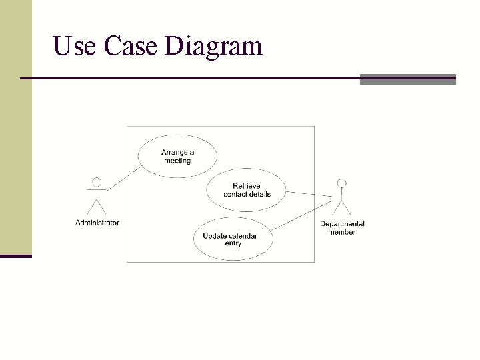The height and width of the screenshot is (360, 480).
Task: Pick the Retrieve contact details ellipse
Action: [x=246, y=190]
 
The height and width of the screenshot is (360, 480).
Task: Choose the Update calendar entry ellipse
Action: [x=233, y=239]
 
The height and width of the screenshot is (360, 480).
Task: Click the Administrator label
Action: [x=97, y=223]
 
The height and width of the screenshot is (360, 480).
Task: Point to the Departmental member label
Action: [x=342, y=228]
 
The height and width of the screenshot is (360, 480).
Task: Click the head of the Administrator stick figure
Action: [x=97, y=181]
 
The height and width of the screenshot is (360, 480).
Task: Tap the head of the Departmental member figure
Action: [x=342, y=182]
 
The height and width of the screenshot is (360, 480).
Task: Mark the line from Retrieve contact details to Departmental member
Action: [x=308, y=194]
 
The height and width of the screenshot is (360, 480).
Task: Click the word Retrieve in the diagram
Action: [x=247, y=186]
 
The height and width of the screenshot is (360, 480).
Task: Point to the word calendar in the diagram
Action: [x=243, y=236]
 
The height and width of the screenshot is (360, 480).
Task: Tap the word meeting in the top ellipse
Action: [x=177, y=161]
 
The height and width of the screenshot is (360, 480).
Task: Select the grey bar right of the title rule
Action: [x=407, y=79]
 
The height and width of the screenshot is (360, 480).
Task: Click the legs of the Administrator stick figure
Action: [x=97, y=206]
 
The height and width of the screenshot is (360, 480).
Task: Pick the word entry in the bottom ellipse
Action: [x=233, y=243]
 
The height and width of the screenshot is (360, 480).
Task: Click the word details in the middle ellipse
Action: [x=259, y=194]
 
